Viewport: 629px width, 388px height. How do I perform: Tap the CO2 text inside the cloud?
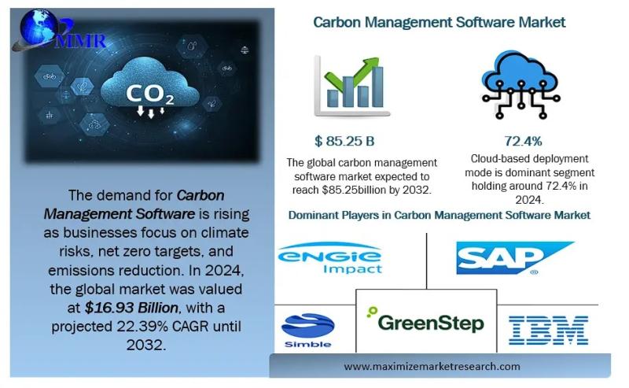tap(150, 94)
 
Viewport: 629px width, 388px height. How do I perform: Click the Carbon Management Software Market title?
tap(439, 22)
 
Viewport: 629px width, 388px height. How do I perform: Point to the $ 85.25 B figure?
tap(345, 141)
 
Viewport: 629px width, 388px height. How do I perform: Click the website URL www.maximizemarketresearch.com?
tap(432, 366)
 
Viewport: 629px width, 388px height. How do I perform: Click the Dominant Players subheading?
tap(439, 214)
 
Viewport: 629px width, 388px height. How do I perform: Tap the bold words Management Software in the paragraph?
tap(119, 213)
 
